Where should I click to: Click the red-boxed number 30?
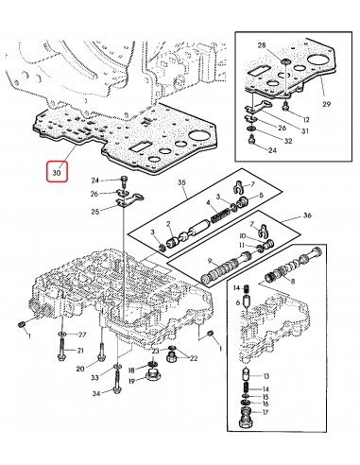pyautogui.click(x=57, y=173)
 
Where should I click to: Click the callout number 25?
pyautogui.click(x=95, y=211)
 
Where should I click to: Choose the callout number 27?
pyautogui.click(x=81, y=335)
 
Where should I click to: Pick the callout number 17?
pyautogui.click(x=266, y=412)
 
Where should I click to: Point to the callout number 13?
pyautogui.click(x=266, y=375)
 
